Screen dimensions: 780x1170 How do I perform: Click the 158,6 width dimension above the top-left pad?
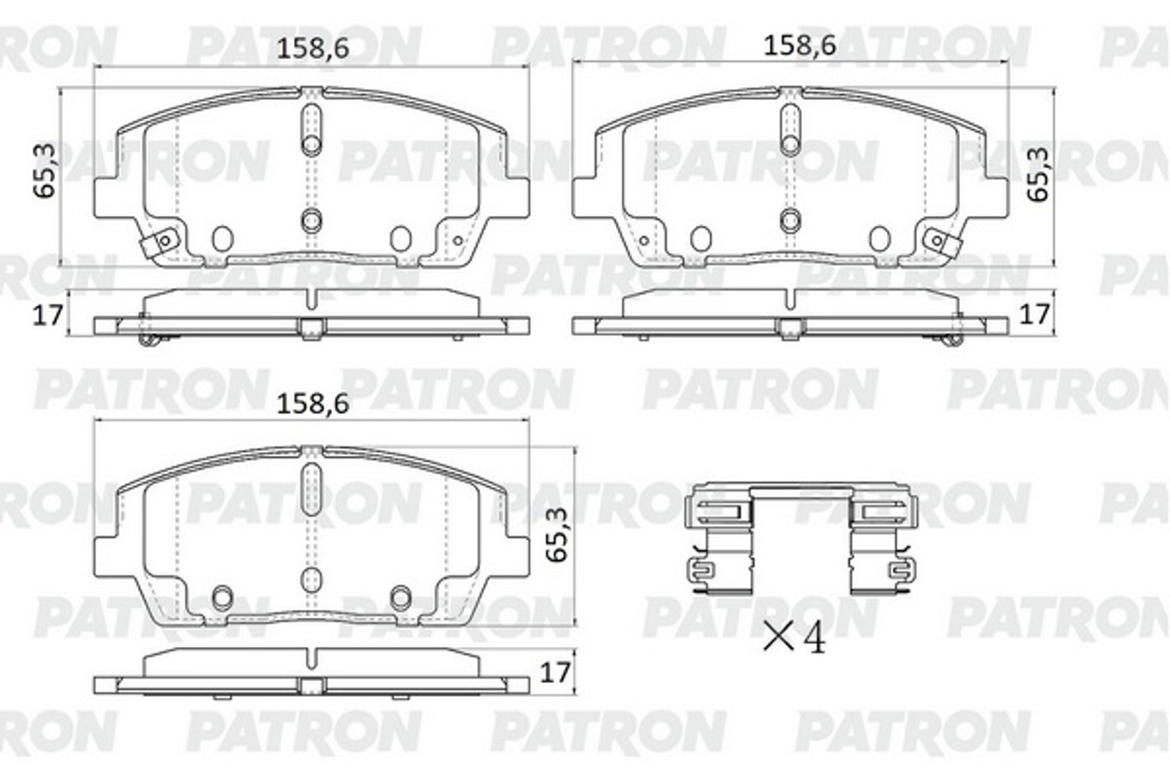[312, 48]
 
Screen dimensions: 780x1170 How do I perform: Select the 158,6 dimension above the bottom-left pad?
[312, 404]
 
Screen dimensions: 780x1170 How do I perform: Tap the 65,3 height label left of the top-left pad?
[44, 171]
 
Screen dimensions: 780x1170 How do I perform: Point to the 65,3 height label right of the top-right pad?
[1038, 174]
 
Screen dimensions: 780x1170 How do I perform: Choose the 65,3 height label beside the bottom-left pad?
[556, 535]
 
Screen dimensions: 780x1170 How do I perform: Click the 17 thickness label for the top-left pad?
[47, 315]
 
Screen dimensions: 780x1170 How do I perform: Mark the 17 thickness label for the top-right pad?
[1034, 314]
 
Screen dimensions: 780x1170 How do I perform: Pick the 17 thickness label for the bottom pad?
[555, 673]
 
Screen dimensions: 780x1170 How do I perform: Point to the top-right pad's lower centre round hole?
[790, 220]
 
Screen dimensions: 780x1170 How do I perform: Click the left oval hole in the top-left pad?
[222, 239]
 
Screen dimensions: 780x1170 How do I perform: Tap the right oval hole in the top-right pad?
[879, 239]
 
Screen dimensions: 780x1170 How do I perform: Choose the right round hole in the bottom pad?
[400, 598]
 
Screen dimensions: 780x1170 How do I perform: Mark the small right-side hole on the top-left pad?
[458, 241]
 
